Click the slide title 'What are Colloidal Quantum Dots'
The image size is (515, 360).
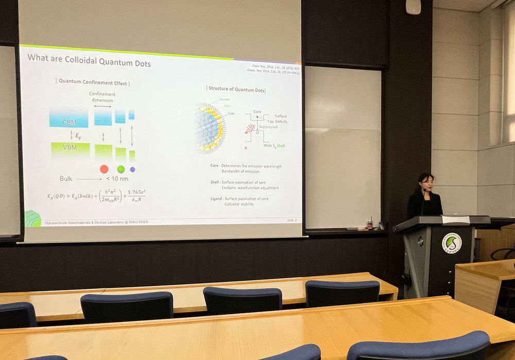[89, 58]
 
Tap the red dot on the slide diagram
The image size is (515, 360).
[104, 169]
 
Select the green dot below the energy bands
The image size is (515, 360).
[121, 169]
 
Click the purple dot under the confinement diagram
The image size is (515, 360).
[132, 169]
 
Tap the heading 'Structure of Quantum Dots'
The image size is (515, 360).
[236, 90]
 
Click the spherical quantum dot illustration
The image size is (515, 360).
[209, 128]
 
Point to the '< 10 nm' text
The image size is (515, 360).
[117, 179]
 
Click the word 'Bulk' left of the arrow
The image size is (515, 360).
[66, 179]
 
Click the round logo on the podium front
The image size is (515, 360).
[452, 243]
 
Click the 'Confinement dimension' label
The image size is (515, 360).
[102, 97]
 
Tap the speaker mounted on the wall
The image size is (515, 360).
[413, 7]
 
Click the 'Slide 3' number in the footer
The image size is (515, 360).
[291, 220]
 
